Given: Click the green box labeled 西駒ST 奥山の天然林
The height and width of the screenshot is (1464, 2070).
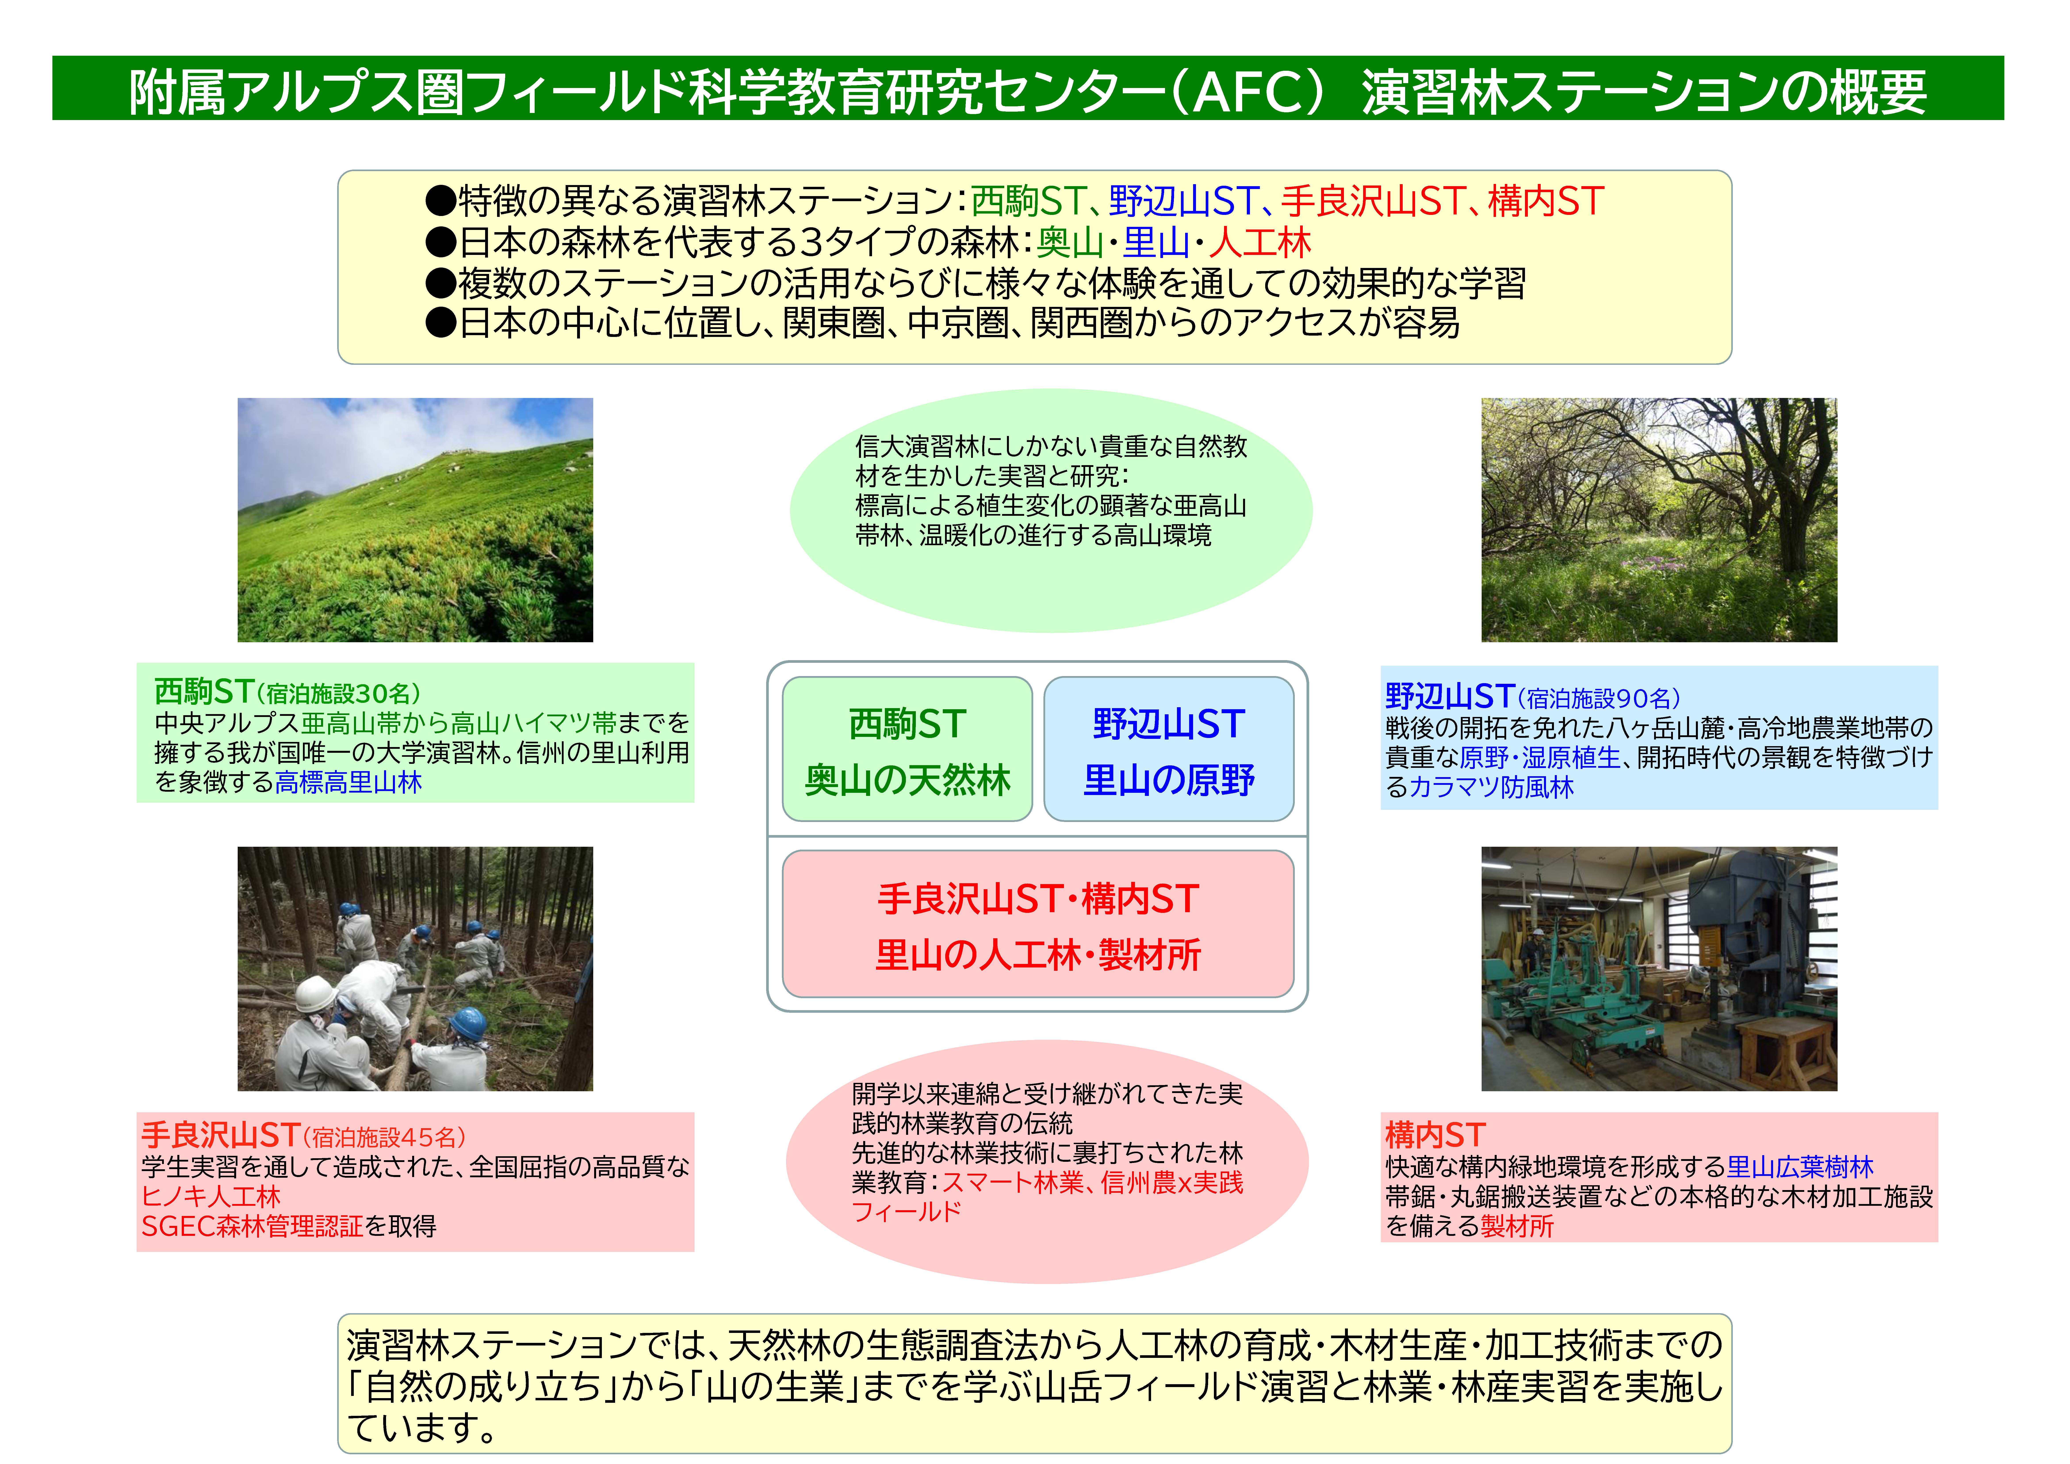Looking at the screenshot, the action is pyautogui.click(x=907, y=749).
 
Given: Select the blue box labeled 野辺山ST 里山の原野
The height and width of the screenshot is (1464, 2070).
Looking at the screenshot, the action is pyautogui.click(x=1168, y=749).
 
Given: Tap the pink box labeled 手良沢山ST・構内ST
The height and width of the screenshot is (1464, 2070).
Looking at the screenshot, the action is pyautogui.click(x=1038, y=924).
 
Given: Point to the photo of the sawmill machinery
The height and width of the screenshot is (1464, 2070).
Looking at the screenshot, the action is pyautogui.click(x=1659, y=969).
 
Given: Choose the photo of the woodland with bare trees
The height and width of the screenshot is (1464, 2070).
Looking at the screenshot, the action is pyautogui.click(x=1659, y=520).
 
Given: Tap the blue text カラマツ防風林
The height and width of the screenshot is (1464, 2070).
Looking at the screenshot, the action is pyautogui.click(x=1491, y=787).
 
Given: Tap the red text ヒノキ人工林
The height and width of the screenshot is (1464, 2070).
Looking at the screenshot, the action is pyautogui.click(x=211, y=1196).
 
